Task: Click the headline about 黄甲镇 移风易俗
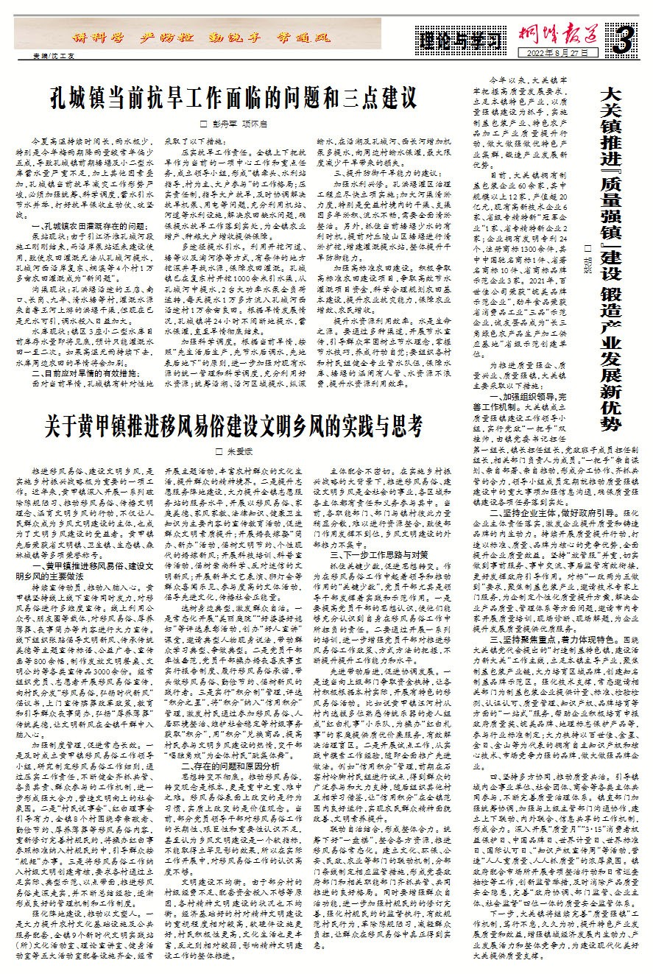point(239,425)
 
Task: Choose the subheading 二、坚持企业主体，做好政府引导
point(553,609)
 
